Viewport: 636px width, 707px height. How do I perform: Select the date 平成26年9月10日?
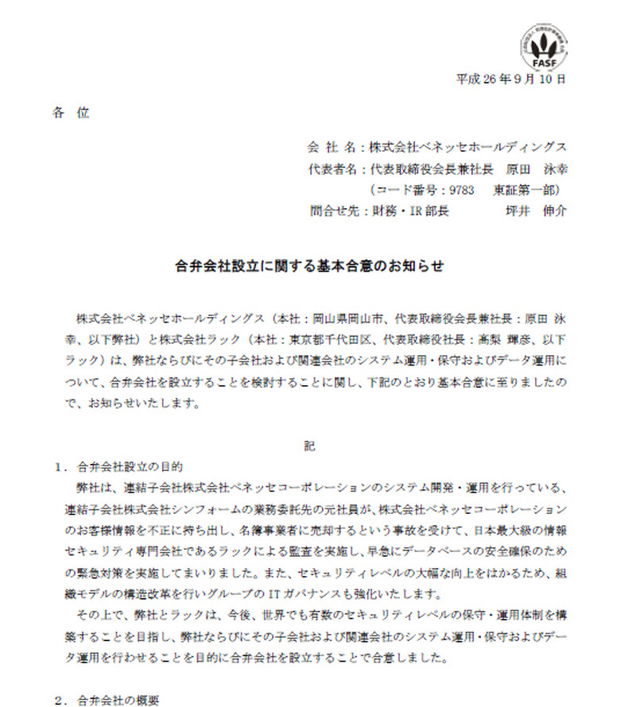(x=511, y=79)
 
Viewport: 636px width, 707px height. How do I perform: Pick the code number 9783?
(x=462, y=190)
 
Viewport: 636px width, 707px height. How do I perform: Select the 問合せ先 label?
(x=332, y=211)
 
